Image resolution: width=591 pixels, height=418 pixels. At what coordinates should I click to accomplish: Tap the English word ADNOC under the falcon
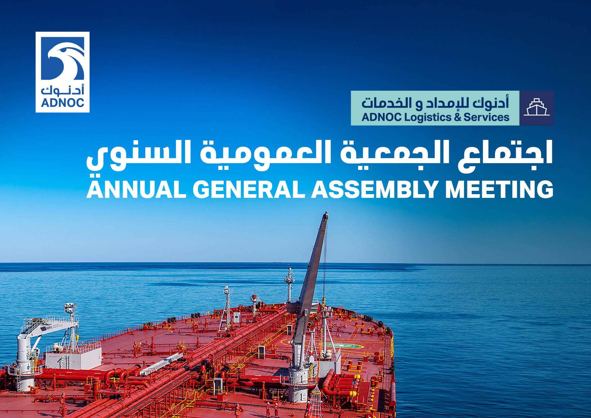[63, 102]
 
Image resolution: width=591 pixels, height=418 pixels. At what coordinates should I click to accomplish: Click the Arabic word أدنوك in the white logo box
[63, 90]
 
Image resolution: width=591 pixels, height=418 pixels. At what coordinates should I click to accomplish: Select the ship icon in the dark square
[536, 108]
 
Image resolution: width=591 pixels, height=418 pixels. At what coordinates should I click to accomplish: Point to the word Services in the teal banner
[486, 117]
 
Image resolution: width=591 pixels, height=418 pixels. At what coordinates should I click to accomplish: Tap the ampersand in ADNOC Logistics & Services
[457, 117]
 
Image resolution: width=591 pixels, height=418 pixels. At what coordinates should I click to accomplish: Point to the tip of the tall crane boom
[325, 214]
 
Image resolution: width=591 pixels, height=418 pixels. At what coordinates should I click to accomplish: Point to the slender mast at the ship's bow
[289, 283]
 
